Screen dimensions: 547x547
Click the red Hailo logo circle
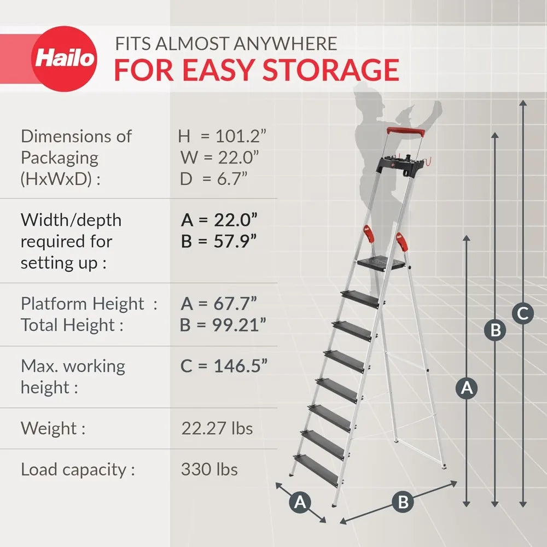pyautogui.click(x=65, y=59)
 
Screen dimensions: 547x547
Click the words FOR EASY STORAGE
pyautogui.click(x=256, y=69)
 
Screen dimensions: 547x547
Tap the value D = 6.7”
pyautogui.click(x=214, y=179)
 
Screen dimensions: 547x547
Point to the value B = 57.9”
pyautogui.click(x=219, y=241)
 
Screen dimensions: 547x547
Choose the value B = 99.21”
pyautogui.click(x=223, y=325)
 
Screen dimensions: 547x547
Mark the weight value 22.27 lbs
pyautogui.click(x=217, y=428)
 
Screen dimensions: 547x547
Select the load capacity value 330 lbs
pyautogui.click(x=209, y=469)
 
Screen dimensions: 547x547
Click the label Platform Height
pyautogui.click(x=82, y=304)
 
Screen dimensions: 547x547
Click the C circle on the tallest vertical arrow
pyautogui.click(x=523, y=314)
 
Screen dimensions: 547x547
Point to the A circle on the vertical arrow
pyautogui.click(x=467, y=388)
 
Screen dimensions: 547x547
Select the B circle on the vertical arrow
pyautogui.click(x=495, y=330)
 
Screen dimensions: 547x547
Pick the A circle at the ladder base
pyautogui.click(x=300, y=502)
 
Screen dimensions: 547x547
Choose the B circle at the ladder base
pyautogui.click(x=403, y=502)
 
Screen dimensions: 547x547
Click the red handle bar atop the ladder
pyautogui.click(x=406, y=132)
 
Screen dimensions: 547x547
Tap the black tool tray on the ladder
pyautogui.click(x=404, y=162)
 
